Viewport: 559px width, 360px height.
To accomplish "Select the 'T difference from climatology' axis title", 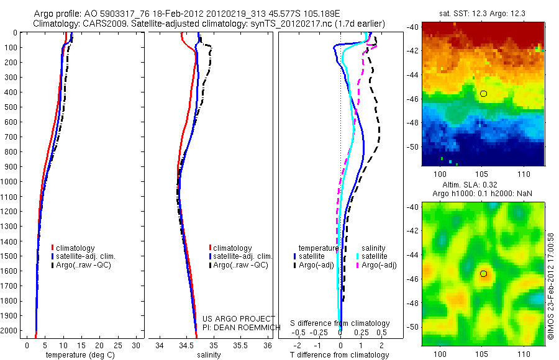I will (340, 355).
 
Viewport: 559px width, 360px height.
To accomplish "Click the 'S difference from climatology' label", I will (340, 323).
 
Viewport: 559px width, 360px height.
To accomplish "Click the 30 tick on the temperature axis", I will (137, 344).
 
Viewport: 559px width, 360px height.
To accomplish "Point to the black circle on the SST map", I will (483, 94).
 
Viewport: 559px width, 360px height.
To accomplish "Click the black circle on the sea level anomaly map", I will (484, 274).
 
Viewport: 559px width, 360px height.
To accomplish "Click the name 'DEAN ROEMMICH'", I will (242, 327).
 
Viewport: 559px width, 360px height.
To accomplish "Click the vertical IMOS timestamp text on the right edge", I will (550, 285).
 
